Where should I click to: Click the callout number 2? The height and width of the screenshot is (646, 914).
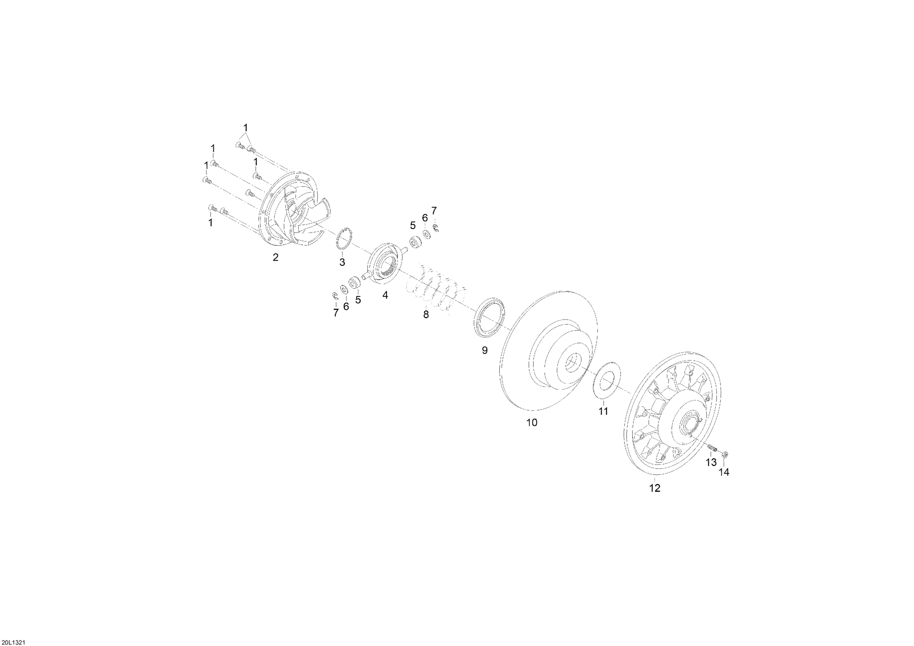coord(275,258)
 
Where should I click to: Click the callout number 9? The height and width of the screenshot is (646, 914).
coord(484,350)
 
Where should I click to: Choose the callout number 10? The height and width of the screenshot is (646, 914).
coord(532,423)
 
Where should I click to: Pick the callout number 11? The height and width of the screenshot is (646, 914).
coord(604,411)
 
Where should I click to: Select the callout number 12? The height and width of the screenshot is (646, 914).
coord(655,488)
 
